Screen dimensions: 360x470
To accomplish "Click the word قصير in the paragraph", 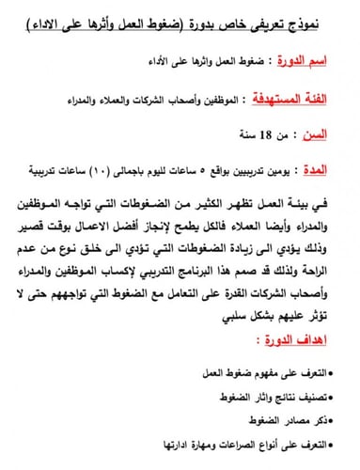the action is [x=38, y=224].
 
